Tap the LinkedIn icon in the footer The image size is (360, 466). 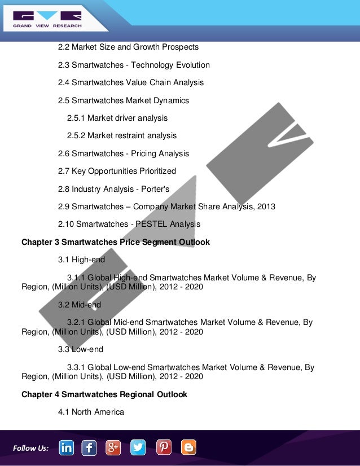pyautogui.click(x=67, y=447)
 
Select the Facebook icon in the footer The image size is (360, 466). pyautogui.click(x=89, y=447)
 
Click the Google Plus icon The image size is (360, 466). pyautogui.click(x=113, y=447)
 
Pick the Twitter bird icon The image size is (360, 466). pyautogui.click(x=138, y=447)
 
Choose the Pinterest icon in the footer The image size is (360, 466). pyautogui.click(x=164, y=447)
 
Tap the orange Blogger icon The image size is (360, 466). pyautogui.click(x=188, y=447)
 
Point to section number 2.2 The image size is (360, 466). pyautogui.click(x=64, y=47)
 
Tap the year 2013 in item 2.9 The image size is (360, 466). pyautogui.click(x=266, y=206)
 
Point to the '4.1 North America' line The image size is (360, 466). pyautogui.click(x=91, y=412)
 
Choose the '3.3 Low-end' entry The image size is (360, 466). pyautogui.click(x=80, y=350)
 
